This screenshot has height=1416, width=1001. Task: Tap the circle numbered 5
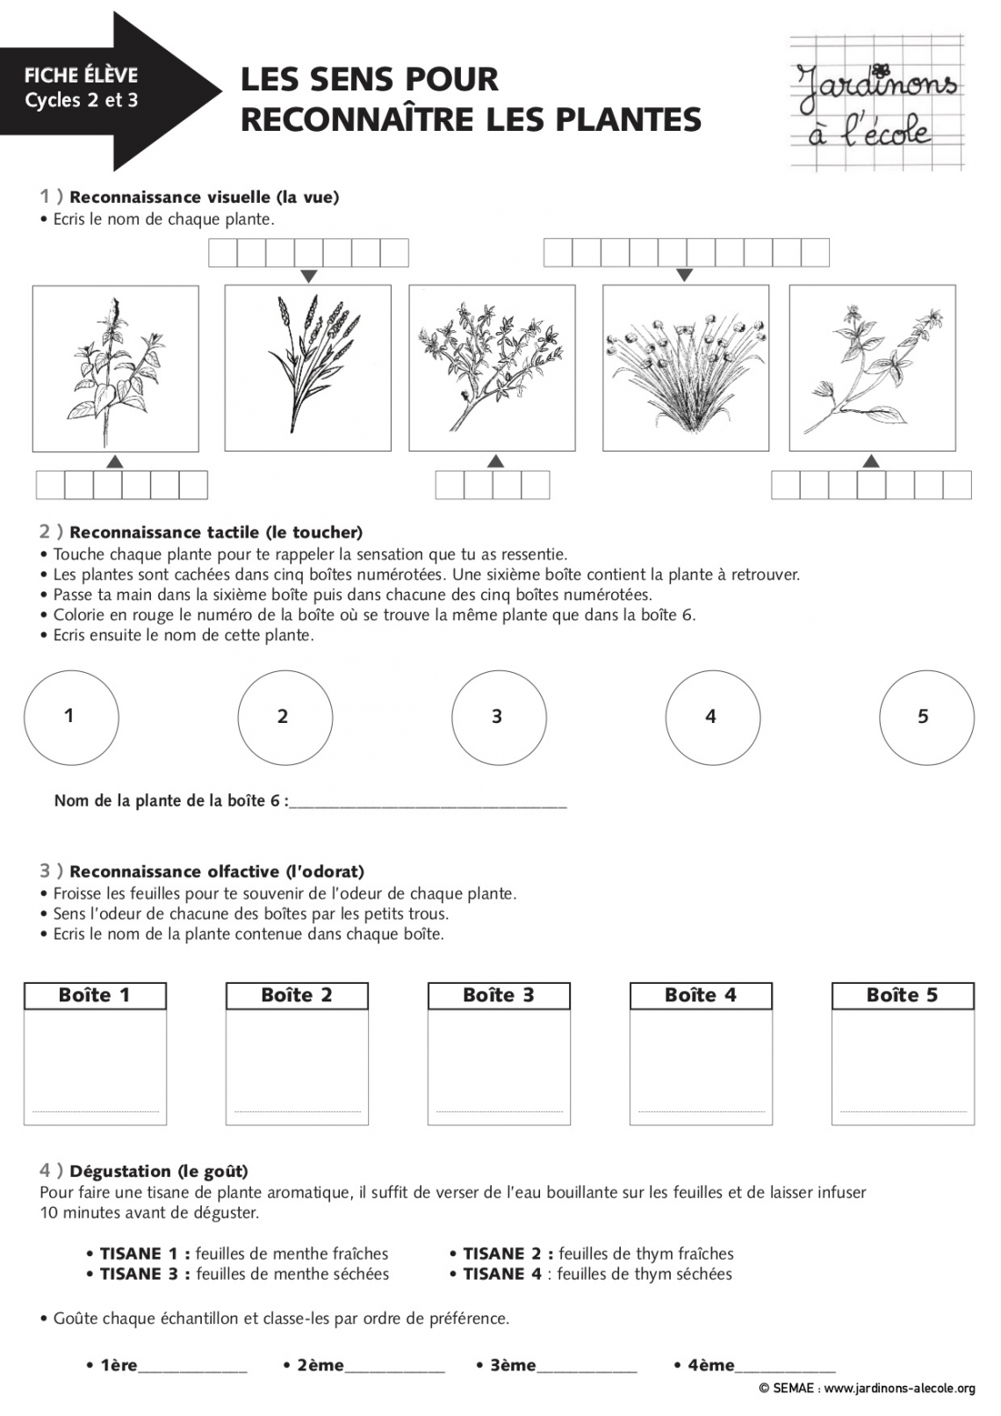926,717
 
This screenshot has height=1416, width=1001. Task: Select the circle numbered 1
71,717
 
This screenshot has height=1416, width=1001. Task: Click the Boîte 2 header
297,995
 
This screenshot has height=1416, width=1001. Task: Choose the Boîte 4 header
701,995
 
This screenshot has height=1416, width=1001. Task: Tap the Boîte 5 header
903,995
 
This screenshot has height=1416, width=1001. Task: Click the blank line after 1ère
192,1368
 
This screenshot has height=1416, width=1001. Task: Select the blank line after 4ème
785,1368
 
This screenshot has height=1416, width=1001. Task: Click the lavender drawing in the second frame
307,367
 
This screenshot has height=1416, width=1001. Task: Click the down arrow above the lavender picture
307,277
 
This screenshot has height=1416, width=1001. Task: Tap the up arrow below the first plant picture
114,462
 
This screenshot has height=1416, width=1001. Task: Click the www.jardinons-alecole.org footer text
899,1389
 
